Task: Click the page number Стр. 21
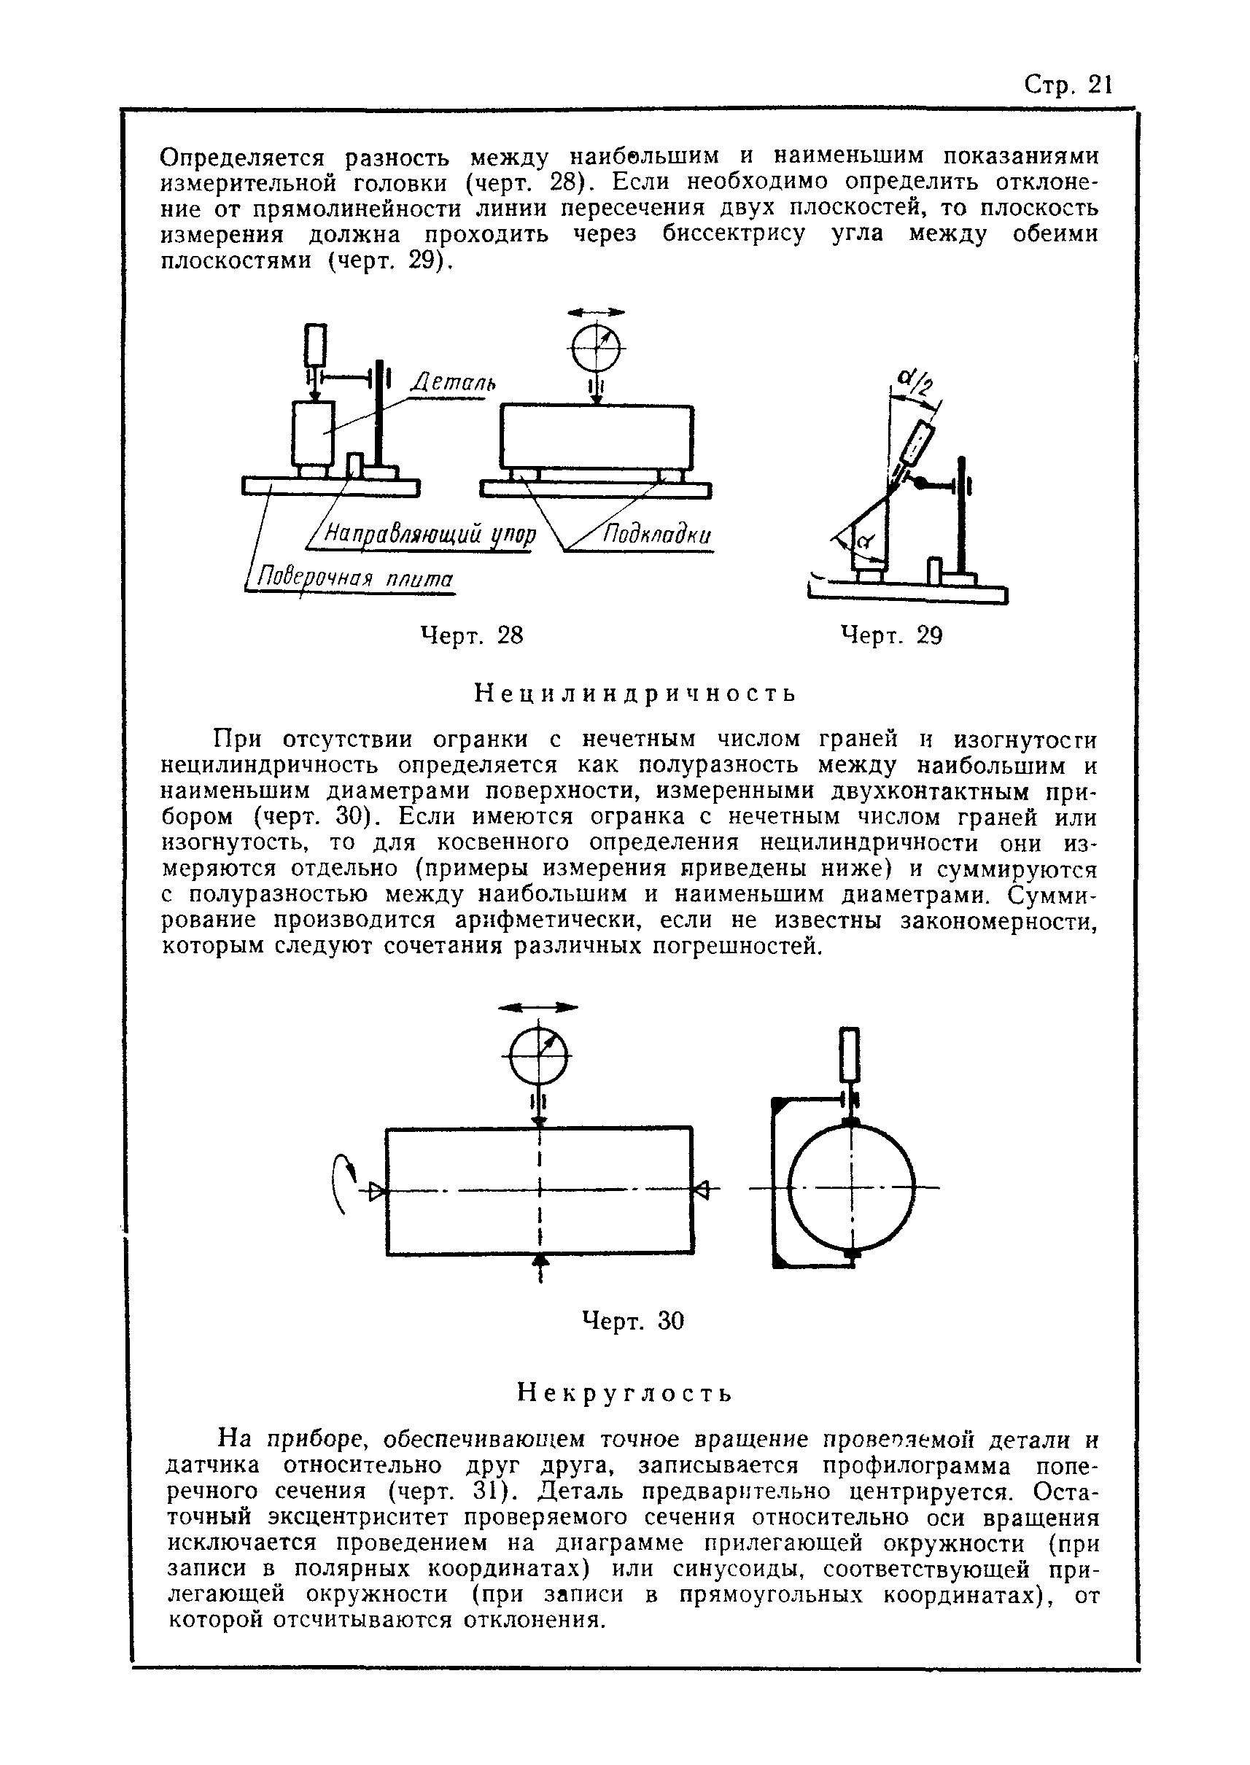[x=1068, y=85]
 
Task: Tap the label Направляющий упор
[x=430, y=533]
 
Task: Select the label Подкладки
[x=656, y=535]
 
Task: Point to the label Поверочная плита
[x=355, y=578]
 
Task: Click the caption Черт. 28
[x=472, y=635]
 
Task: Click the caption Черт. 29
[x=891, y=635]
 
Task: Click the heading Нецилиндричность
[x=635, y=694]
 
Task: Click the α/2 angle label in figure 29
[x=915, y=379]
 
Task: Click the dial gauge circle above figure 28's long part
[x=596, y=349]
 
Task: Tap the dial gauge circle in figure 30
[x=539, y=1056]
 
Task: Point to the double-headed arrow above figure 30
[x=538, y=1006]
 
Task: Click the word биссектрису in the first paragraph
[x=734, y=234]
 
